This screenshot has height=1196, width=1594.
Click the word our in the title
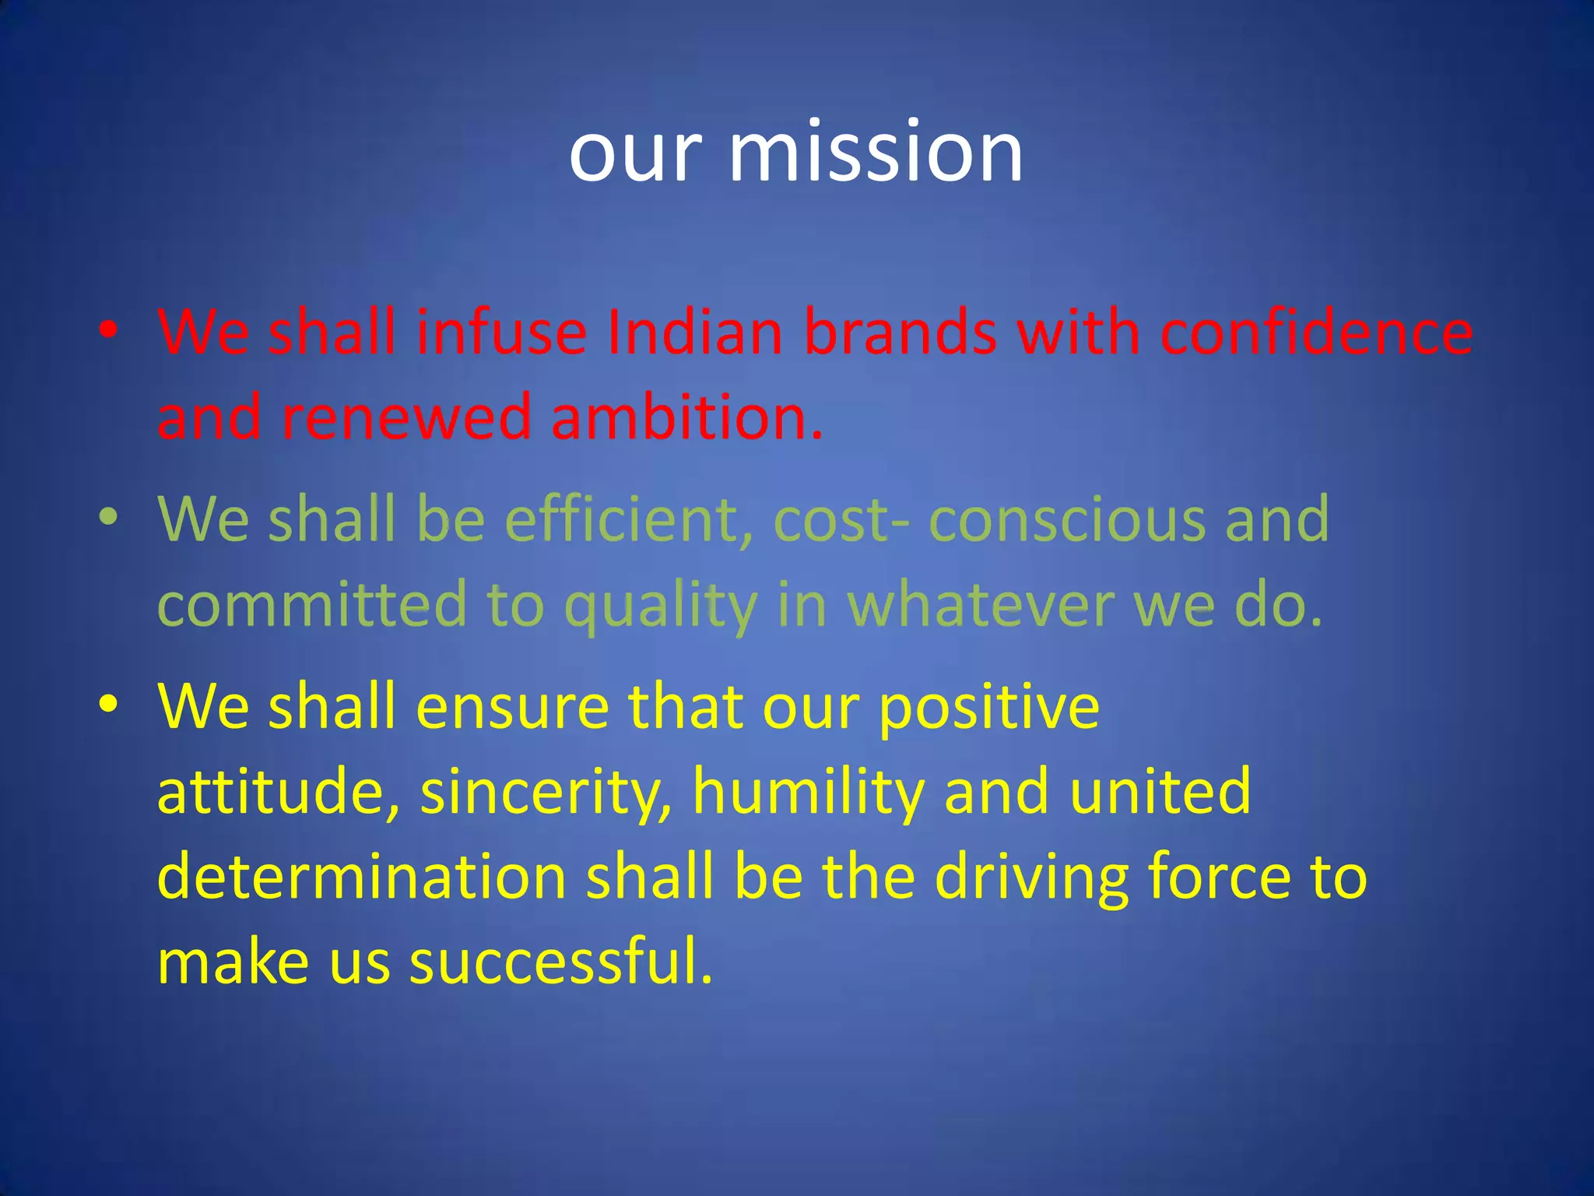[x=635, y=154]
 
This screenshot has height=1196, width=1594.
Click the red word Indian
[x=694, y=332]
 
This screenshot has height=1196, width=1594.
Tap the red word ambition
[x=685, y=417]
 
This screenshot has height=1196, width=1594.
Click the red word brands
[x=901, y=332]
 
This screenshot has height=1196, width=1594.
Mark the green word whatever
[x=981, y=604]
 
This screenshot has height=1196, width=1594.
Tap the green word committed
[x=311, y=604]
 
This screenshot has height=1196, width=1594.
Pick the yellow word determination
[x=361, y=877]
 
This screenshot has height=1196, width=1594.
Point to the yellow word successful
[x=560, y=962]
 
